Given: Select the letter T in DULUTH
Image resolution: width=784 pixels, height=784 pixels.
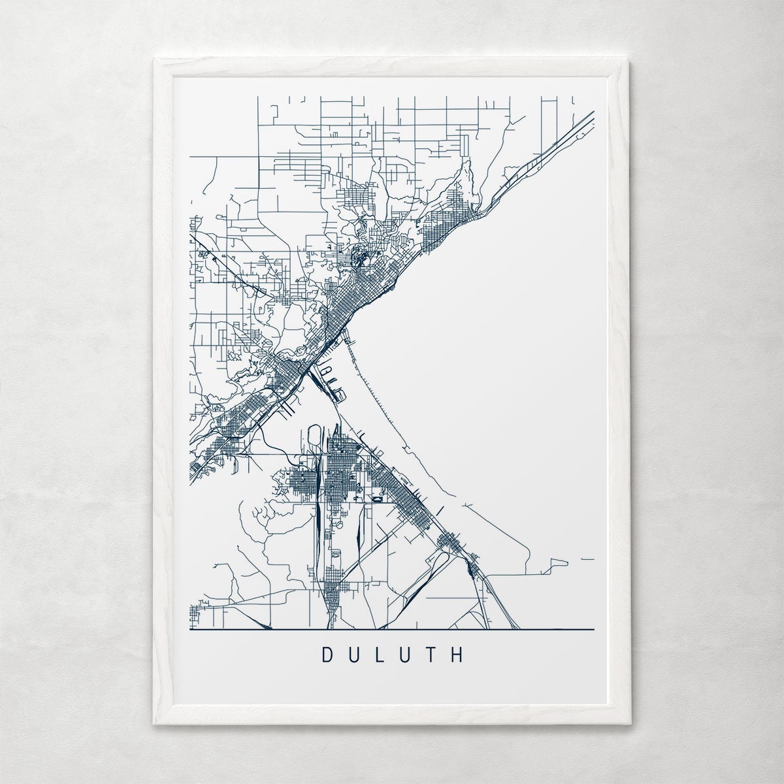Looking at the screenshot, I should pos(431,655).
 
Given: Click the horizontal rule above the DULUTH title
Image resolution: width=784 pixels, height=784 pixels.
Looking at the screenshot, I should pos(392,630).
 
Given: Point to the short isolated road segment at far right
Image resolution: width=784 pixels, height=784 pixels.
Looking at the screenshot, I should pos(587,559).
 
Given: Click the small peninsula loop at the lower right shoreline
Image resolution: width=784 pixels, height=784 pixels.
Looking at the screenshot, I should pos(557,563).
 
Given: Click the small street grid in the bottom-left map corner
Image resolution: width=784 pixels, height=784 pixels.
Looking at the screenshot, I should pos(195,614).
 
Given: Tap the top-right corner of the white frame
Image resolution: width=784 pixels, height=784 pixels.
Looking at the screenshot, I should pos(628,60).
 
